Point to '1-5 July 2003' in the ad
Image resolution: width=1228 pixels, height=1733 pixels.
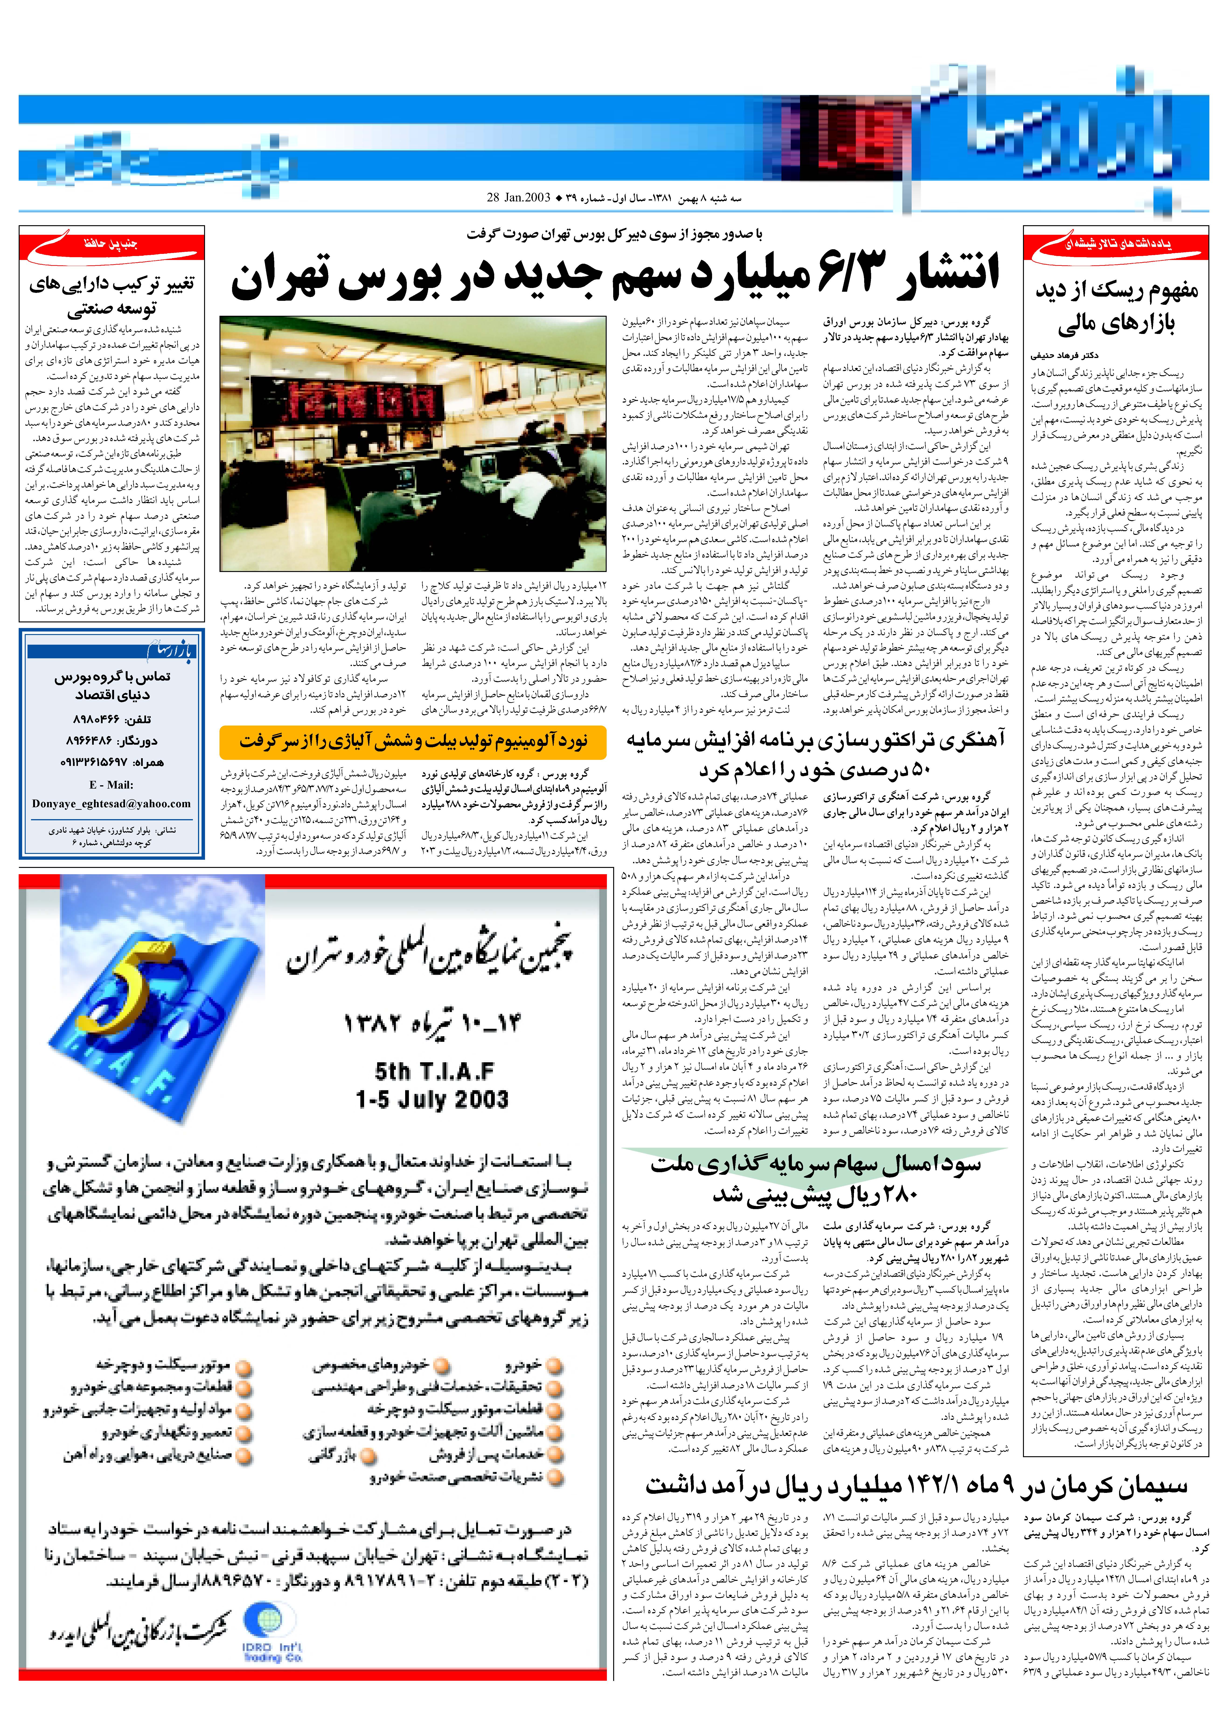coord(432,1099)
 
